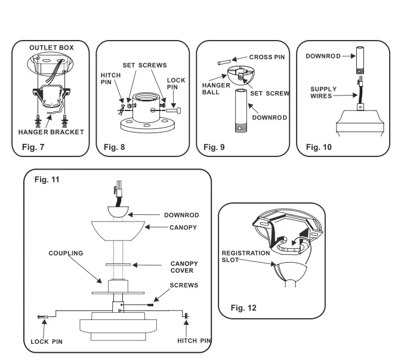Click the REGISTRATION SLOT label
(247, 257)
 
